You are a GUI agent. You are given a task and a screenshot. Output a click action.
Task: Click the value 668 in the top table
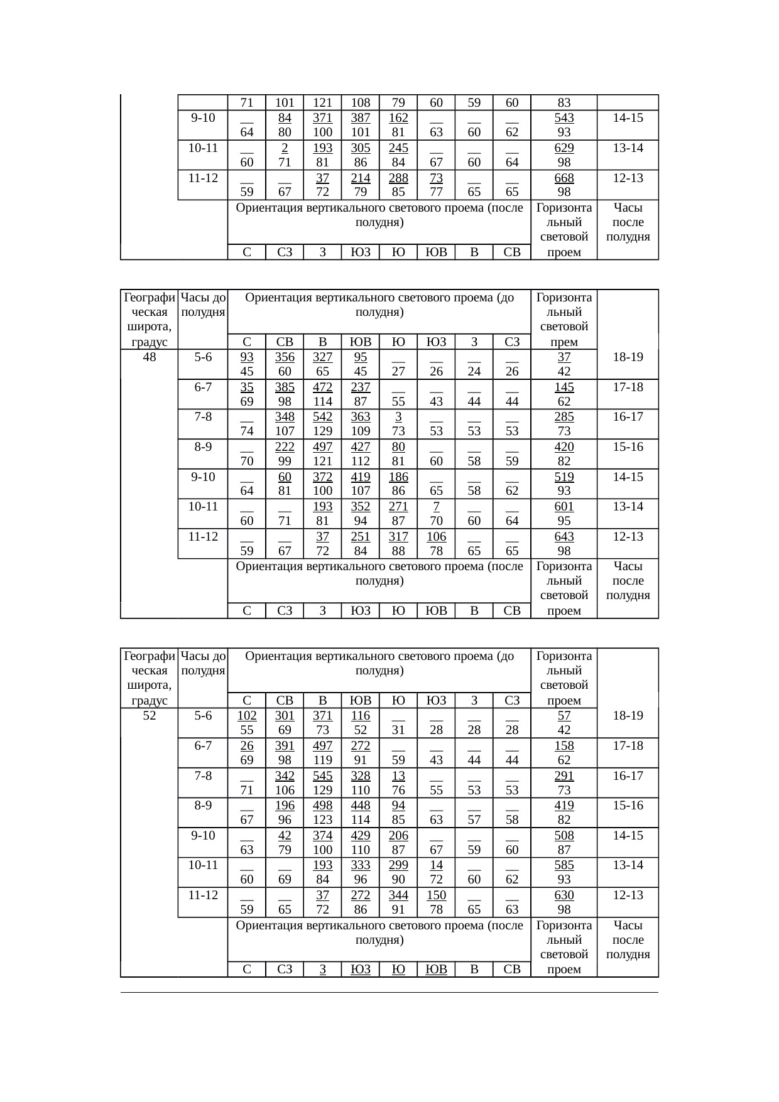[564, 178]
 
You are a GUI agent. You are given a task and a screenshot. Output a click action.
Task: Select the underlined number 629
[564, 148]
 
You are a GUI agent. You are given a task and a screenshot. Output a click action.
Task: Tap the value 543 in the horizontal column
[564, 117]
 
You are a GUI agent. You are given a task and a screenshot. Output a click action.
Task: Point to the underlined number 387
[361, 117]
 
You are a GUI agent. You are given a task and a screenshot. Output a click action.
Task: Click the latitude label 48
[150, 357]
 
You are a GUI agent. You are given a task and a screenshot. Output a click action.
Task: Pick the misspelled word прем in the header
[564, 342]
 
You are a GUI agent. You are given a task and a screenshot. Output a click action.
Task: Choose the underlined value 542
[323, 417]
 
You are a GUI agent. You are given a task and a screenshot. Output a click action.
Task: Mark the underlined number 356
[285, 357]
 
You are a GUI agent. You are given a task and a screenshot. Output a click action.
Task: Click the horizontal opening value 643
[564, 536]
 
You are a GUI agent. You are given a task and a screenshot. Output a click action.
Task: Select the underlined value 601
[564, 506]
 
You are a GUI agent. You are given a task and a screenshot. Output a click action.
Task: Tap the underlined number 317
[398, 536]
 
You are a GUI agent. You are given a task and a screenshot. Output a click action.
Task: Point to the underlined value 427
[361, 446]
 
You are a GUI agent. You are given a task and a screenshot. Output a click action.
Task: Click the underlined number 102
[247, 715]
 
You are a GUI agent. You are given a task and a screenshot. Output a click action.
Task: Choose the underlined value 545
[323, 775]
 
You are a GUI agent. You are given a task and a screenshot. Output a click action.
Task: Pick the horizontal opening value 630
[564, 895]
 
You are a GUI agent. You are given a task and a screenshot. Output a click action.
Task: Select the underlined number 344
[398, 895]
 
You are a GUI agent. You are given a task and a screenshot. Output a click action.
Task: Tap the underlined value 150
[437, 895]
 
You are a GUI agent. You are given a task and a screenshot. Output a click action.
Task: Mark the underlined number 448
[361, 805]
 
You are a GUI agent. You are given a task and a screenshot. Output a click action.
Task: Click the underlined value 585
[564, 865]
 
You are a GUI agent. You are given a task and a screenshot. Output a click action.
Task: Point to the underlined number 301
[285, 715]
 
